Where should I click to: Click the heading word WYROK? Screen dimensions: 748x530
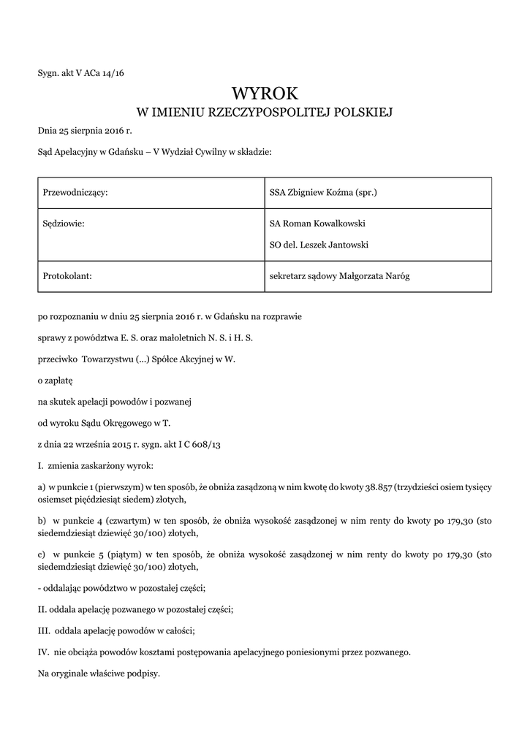coord(265,93)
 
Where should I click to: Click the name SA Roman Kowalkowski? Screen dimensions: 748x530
coord(317,224)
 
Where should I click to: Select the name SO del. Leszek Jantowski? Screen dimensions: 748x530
coord(319,245)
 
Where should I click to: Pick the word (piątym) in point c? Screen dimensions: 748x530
coord(118,555)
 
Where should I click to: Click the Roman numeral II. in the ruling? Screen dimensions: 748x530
coord(42,608)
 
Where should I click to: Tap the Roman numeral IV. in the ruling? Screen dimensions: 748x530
coord(43,651)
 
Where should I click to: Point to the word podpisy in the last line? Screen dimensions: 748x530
coord(144,672)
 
